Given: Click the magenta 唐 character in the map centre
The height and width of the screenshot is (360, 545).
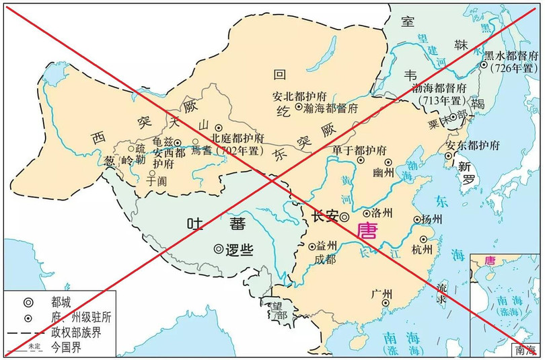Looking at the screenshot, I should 367,231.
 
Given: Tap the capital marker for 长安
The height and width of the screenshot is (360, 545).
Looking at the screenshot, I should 344,217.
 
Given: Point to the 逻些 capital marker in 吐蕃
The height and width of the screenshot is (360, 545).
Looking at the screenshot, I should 219,248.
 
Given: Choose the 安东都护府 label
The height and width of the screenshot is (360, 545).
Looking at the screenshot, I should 472,145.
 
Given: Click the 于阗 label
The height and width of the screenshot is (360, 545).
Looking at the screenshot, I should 155,180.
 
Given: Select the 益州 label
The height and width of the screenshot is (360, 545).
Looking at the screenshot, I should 326,247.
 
